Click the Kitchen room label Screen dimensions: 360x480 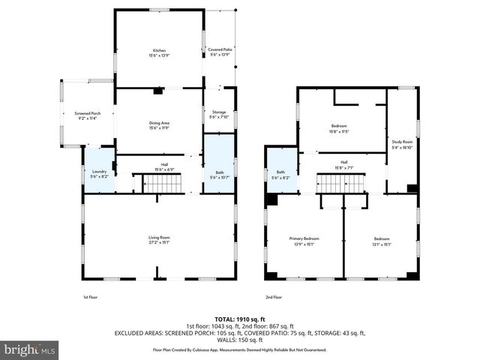159,52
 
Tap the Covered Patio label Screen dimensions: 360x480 220,52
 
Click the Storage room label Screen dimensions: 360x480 218,114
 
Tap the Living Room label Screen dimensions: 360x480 159,240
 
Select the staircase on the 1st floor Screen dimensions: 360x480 148,183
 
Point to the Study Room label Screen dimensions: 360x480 402,144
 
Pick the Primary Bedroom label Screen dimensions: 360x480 304,241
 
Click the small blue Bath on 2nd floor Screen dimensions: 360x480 281,175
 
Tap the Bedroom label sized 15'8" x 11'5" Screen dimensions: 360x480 340,128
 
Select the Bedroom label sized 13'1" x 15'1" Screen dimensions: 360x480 382,241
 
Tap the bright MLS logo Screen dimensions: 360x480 30,349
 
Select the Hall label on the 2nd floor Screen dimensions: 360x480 344,164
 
